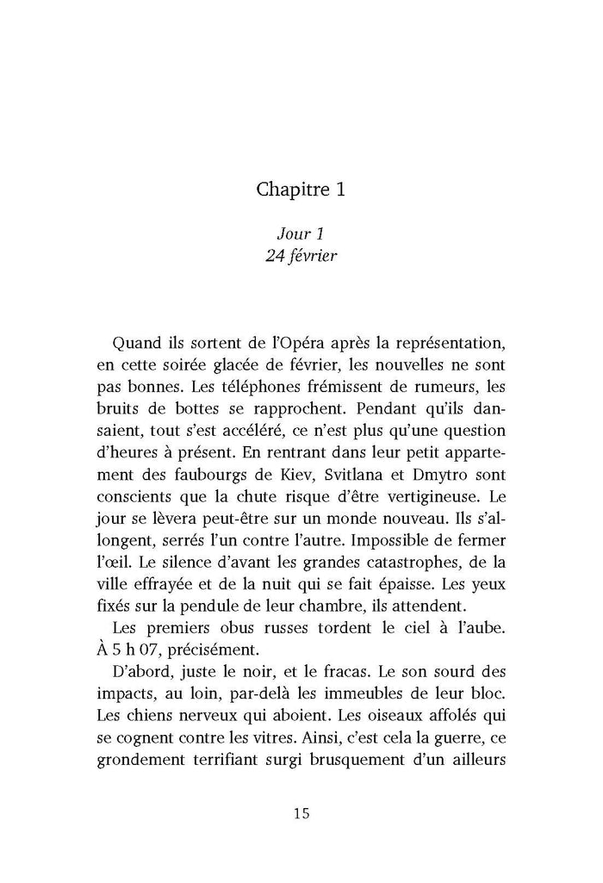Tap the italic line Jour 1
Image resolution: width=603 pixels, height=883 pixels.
[300, 233]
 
